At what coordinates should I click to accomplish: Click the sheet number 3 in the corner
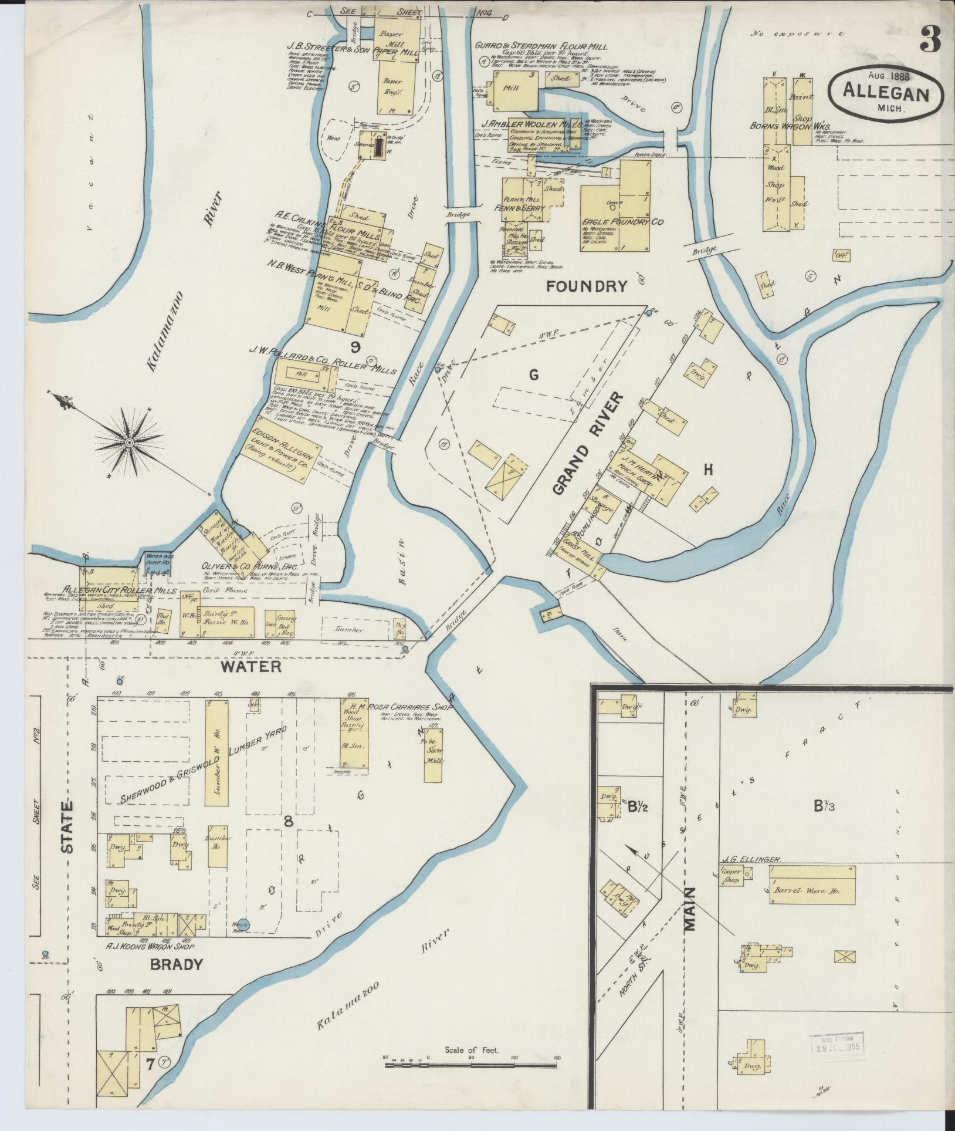(930, 40)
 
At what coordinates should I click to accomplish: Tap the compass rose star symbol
(128, 441)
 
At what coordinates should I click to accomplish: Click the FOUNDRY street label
(587, 286)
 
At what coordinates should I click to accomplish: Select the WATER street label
(251, 667)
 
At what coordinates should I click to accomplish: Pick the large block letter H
(708, 470)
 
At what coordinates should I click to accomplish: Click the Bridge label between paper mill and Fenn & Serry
(458, 215)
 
